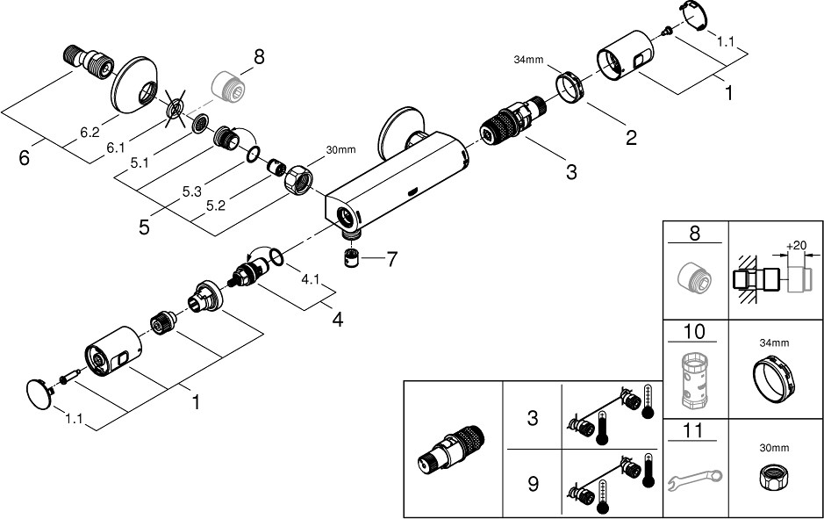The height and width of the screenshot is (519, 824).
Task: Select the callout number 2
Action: pyautogui.click(x=630, y=137)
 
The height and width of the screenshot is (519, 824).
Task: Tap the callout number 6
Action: pyautogui.click(x=25, y=159)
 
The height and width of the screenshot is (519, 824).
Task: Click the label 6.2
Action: pyautogui.click(x=90, y=133)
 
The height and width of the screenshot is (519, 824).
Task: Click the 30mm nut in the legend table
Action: pyautogui.click(x=776, y=479)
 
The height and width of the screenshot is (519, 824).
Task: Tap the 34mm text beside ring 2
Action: pyautogui.click(x=529, y=60)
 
